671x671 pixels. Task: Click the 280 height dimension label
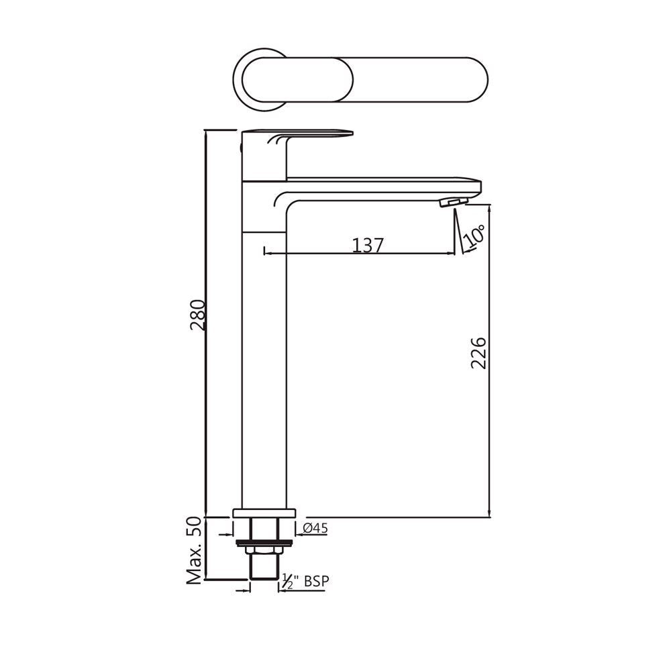(197, 315)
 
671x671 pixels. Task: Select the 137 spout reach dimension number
(368, 246)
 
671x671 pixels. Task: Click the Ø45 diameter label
(315, 529)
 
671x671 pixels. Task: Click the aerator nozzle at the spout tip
(454, 202)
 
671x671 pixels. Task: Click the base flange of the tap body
(264, 513)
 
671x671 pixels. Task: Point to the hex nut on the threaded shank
(264, 551)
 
